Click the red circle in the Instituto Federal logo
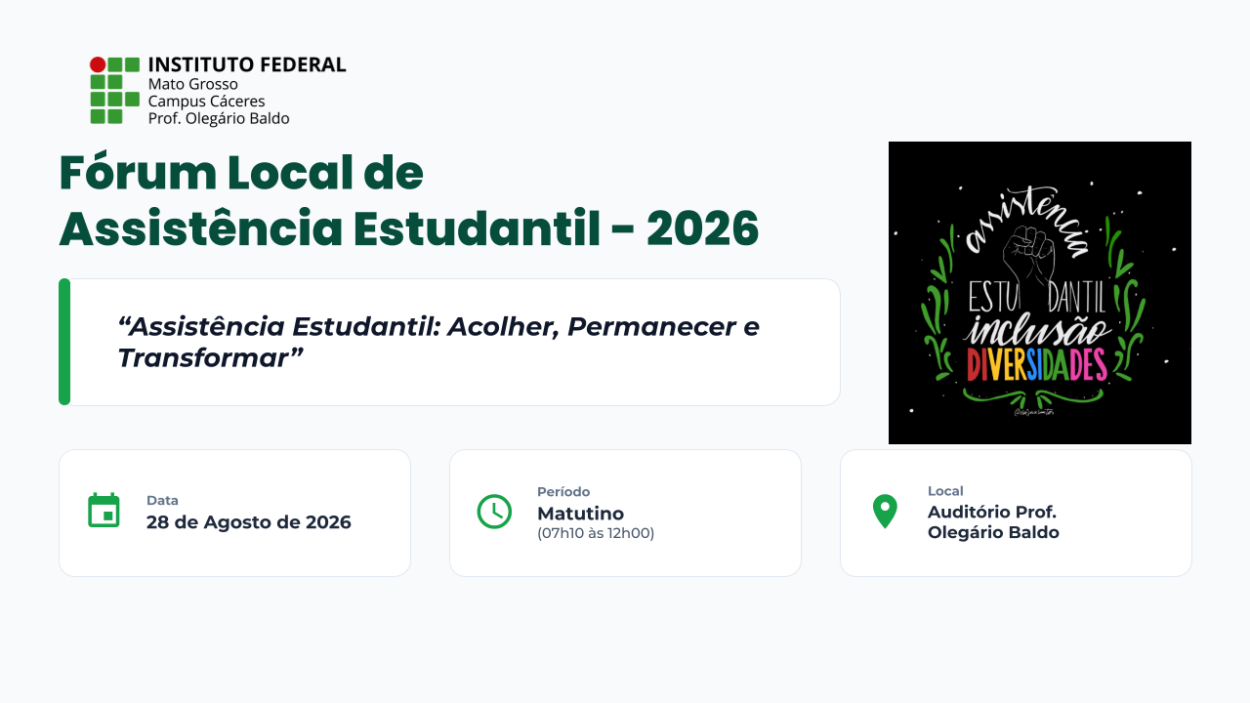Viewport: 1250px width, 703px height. tap(98, 64)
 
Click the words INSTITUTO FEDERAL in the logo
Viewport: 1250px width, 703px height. tap(247, 64)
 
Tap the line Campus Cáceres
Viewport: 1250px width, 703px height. tap(206, 102)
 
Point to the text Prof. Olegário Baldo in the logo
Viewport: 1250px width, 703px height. tap(219, 118)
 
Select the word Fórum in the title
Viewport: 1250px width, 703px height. tap(138, 172)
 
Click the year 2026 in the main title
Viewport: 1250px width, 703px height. tap(702, 228)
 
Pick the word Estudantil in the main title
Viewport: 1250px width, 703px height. tap(477, 227)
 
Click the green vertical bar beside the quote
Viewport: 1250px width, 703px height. tap(64, 342)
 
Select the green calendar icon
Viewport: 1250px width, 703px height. tap(104, 510)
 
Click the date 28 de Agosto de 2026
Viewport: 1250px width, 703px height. tap(249, 522)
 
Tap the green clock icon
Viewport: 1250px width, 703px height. tap(494, 511)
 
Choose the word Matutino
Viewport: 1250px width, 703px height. tap(580, 514)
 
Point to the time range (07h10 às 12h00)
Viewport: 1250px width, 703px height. tap(596, 533)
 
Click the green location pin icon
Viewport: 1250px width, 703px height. tap(885, 511)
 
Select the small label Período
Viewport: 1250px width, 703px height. tap(563, 491)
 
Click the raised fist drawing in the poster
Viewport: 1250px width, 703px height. tap(1029, 257)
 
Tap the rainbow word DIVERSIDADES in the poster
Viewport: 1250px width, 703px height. tap(1036, 365)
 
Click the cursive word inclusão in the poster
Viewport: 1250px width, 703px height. tap(1037, 330)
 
